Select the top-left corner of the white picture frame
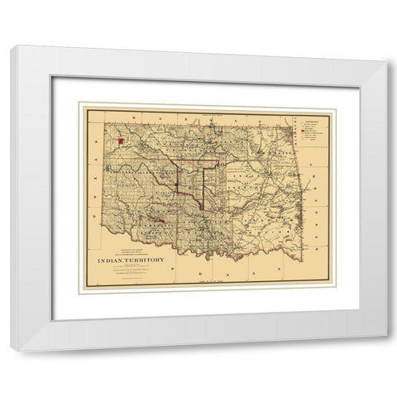[x=11, y=45]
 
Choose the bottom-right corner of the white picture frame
[x=387, y=351]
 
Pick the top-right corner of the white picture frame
[x=387, y=45]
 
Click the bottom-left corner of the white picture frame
[x=11, y=351]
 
